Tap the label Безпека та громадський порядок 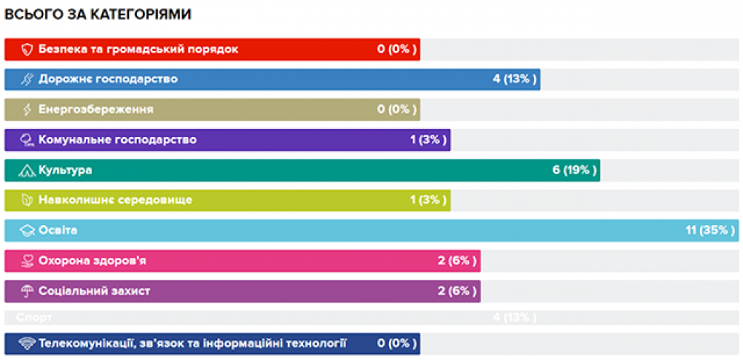pos(139,50)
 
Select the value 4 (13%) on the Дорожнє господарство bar pos(515,79)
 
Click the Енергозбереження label pos(96,110)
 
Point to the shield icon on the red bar pos(28,50)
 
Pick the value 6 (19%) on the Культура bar pos(574,170)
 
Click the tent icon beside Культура pos(28,170)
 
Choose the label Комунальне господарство pos(118,140)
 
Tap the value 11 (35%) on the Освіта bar pos(710,230)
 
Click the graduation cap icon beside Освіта pos(28,230)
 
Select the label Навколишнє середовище pos(116,200)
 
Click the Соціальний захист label pos(94,291)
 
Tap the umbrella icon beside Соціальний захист pos(28,291)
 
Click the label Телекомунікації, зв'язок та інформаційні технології pos(193,344)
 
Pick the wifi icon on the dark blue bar pos(28,344)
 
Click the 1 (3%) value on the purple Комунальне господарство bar pos(427,140)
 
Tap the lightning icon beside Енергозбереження pos(28,110)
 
